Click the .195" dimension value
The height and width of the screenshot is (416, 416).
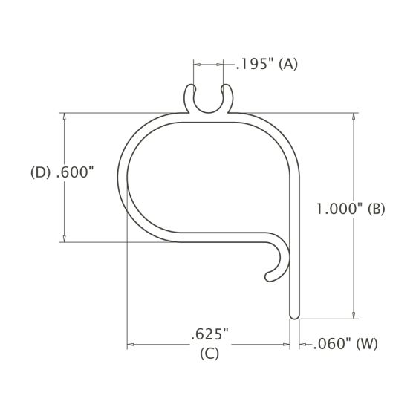[254, 65]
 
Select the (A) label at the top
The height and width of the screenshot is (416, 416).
[287, 65]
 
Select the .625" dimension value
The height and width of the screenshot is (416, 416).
[207, 332]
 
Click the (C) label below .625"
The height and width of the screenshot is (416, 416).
[209, 354]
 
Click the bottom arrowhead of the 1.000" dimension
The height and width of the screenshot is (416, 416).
[354, 314]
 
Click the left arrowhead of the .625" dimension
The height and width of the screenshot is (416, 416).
[131, 345]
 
